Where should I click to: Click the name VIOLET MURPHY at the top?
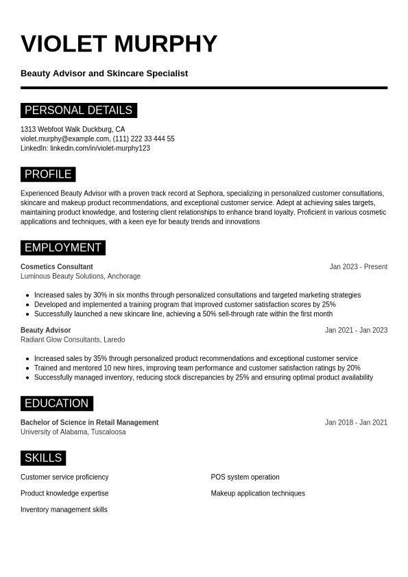119,44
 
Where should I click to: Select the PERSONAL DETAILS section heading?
78,110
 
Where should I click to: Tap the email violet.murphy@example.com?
65,139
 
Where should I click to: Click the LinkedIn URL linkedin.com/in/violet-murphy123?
100,148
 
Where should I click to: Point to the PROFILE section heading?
48,174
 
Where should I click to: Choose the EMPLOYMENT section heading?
62,248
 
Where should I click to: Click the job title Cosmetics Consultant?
57,267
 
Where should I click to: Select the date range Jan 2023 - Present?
358,267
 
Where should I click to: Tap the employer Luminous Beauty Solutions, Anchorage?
80,276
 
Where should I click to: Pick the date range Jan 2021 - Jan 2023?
356,330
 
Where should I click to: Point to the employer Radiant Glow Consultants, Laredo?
73,340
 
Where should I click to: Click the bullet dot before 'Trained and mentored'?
27,368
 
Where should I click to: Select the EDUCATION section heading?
56,403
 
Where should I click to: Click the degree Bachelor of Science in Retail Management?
89,423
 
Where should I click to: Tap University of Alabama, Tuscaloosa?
73,432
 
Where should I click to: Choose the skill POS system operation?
245,477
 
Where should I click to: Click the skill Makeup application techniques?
258,493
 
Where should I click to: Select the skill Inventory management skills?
64,510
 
